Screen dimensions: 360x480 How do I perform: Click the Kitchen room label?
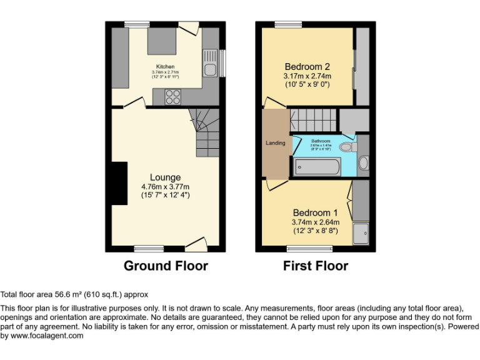165,66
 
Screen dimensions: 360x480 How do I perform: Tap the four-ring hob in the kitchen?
172,97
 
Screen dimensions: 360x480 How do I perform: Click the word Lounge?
165,177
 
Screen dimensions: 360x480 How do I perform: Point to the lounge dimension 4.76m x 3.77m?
165,186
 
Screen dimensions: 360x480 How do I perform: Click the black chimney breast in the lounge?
119,182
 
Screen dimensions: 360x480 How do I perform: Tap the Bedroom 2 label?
307,67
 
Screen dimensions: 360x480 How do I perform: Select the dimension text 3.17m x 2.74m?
307,76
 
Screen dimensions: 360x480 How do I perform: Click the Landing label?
276,143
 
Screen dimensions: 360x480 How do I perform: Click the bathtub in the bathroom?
317,167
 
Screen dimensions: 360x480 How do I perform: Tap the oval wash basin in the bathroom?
364,162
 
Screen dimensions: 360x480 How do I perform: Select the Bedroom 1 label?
315,212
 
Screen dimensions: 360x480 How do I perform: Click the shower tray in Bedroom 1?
361,234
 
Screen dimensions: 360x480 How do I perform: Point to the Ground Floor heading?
166,266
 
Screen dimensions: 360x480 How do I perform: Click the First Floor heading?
315,266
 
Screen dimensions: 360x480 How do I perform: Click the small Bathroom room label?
321,141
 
